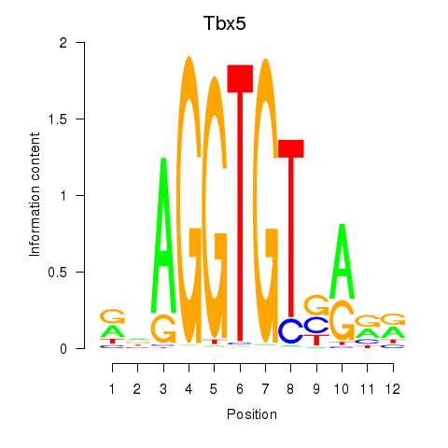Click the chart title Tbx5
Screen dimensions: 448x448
pos(225,23)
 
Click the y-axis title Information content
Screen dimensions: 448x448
pos(35,195)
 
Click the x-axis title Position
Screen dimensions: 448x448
pos(252,414)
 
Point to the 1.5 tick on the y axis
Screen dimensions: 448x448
pos(80,119)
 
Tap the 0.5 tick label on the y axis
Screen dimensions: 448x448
pos(58,273)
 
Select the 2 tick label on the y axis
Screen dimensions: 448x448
pos(63,43)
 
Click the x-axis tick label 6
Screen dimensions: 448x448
pos(240,389)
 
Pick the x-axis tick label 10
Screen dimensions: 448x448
pos(342,389)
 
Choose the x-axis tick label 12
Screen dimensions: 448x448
pos(393,389)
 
